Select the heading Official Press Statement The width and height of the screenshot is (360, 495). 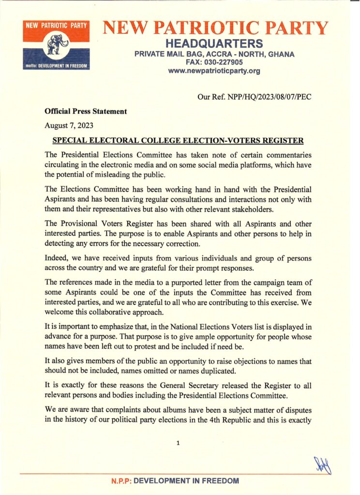click(86, 111)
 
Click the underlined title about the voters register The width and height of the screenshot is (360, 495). click(178, 141)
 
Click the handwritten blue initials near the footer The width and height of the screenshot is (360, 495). click(324, 465)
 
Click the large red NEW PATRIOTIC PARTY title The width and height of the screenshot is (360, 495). click(215, 28)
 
